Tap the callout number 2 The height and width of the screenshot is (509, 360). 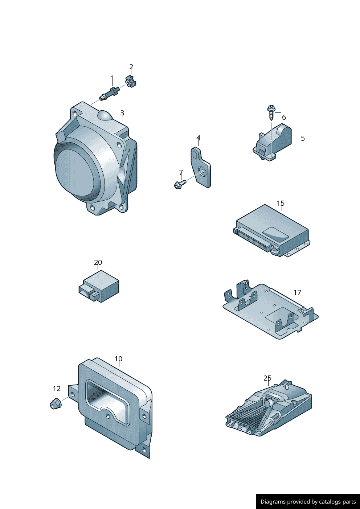click(131, 67)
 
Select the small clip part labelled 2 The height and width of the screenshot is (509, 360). click(131, 81)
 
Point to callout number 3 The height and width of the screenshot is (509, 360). click(122, 113)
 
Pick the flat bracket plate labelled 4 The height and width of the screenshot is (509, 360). click(200, 167)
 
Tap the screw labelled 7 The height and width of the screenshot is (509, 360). click(180, 184)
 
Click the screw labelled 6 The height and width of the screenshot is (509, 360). click(271, 112)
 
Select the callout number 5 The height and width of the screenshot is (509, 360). click(303, 138)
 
